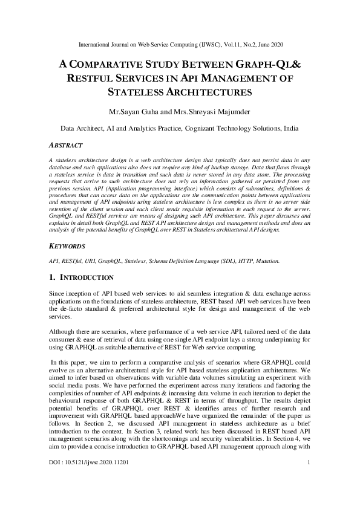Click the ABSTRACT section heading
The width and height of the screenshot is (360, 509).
pyautogui.click(x=65, y=146)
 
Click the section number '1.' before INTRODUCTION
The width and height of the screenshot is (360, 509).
pyautogui.click(x=52, y=277)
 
